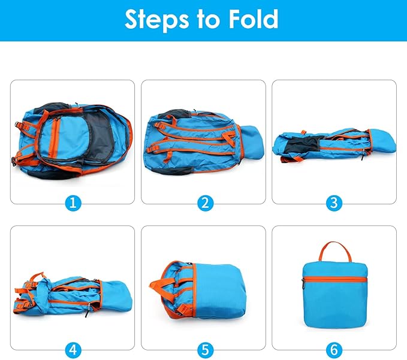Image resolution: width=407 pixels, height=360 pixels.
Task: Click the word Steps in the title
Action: coord(156,20)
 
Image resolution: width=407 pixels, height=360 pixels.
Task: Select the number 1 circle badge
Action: coord(73,202)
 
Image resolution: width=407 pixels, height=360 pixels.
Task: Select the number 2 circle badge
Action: coord(204,202)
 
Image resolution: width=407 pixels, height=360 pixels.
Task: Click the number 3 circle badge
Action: coord(334,202)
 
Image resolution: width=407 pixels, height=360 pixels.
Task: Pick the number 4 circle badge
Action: coord(73,348)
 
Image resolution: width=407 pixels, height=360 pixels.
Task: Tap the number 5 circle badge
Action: coord(204,348)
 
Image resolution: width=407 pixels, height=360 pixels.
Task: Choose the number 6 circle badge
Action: coord(334,348)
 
